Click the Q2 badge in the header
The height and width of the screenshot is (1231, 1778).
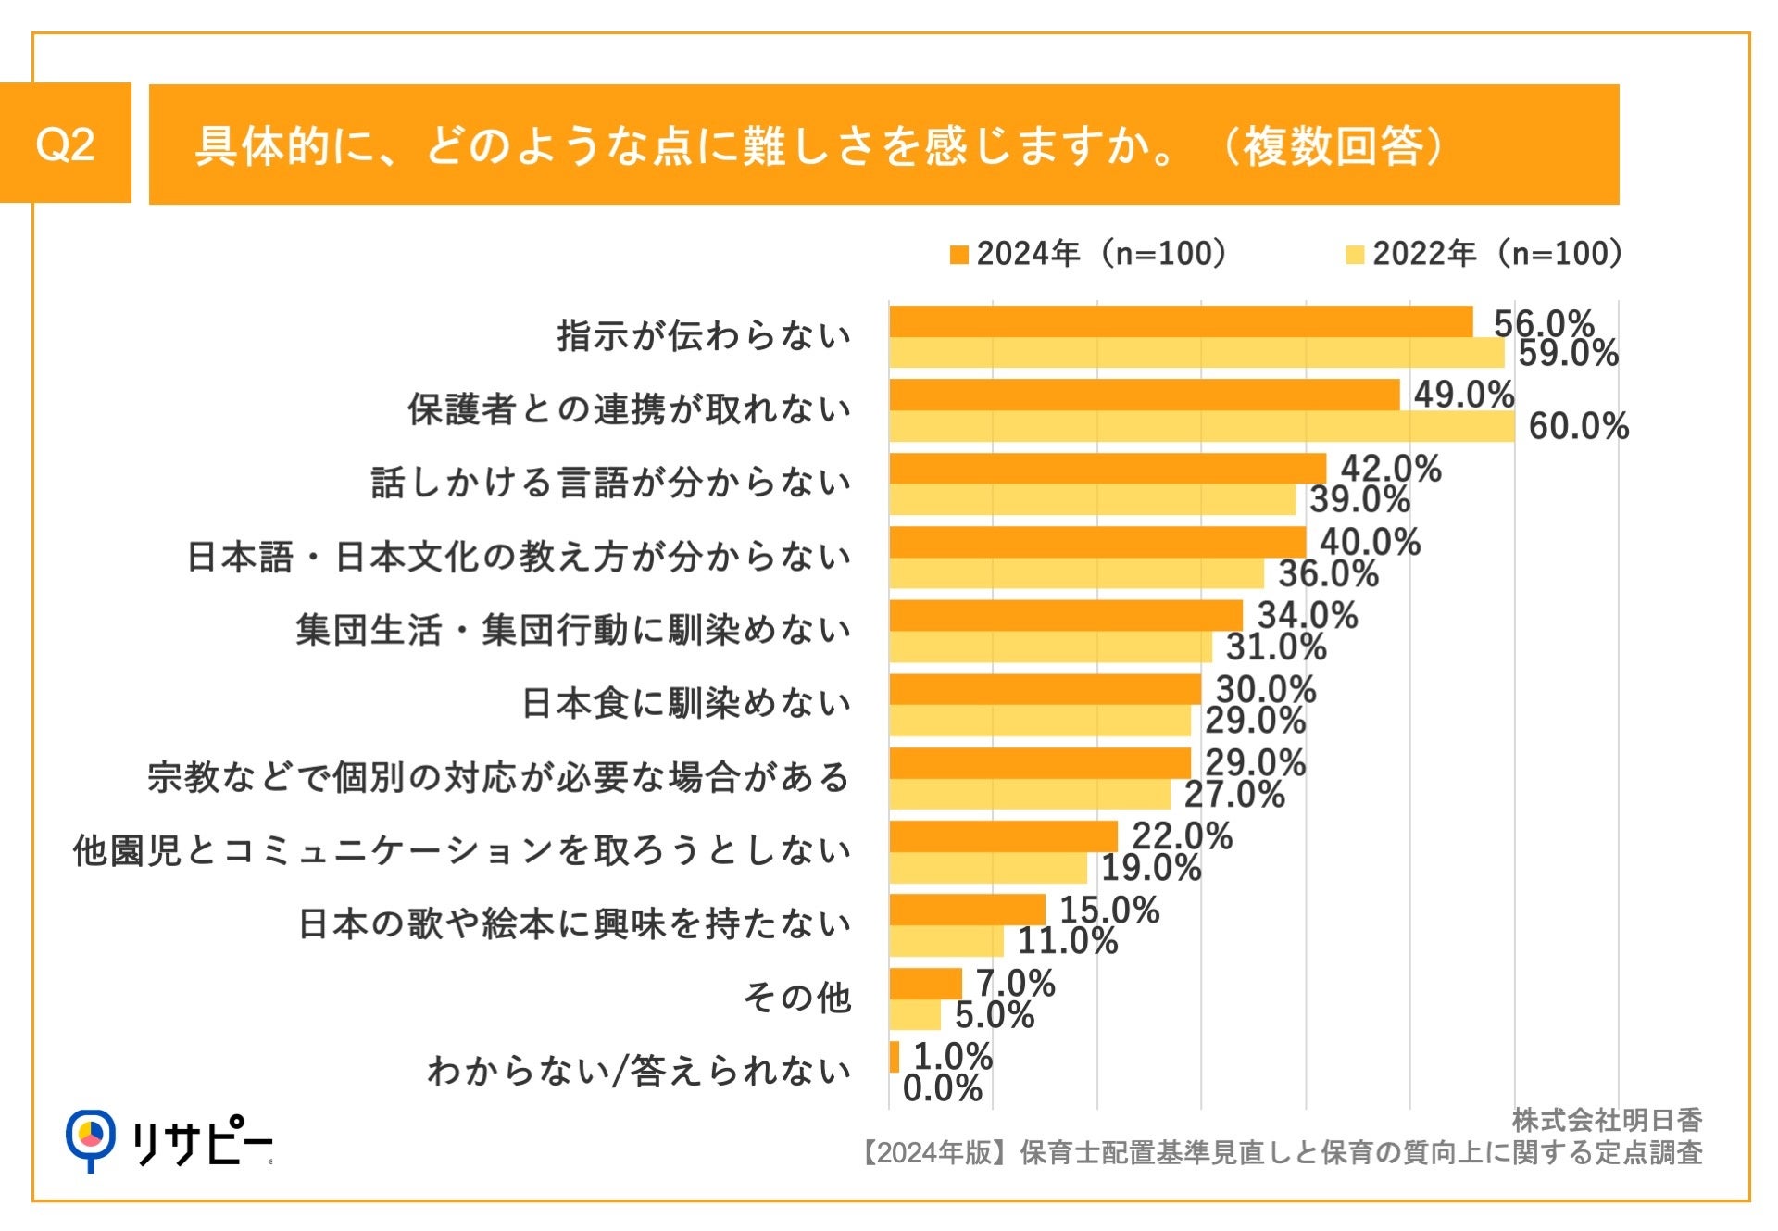[65, 144]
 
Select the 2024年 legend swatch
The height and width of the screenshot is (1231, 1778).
[958, 255]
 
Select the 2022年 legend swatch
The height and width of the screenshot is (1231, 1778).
[1355, 255]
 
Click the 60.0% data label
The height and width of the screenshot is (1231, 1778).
[1578, 427]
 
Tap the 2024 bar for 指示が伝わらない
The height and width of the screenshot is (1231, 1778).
[1181, 321]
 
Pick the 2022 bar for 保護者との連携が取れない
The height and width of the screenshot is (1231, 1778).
[1201, 426]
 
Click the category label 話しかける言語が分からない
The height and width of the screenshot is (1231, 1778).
[611, 483]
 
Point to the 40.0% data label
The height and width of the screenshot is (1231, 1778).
[1370, 542]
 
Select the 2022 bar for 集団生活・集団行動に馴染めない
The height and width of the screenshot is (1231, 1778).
[1050, 647]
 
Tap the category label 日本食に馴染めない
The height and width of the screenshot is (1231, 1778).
[686, 703]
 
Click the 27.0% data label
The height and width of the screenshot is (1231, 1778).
[1234, 795]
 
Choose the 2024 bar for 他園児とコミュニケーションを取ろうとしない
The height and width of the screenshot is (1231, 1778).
[1003, 835]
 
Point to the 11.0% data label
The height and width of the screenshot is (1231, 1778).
[1068, 941]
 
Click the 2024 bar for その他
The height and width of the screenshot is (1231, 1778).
[925, 983]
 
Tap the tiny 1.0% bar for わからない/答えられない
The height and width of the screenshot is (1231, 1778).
[894, 1057]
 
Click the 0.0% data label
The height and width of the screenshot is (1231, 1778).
[942, 1088]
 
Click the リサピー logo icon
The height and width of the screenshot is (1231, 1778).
[91, 1138]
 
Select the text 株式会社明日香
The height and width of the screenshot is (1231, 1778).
[1607, 1120]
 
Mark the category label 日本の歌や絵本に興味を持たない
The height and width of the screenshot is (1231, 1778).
[574, 924]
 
